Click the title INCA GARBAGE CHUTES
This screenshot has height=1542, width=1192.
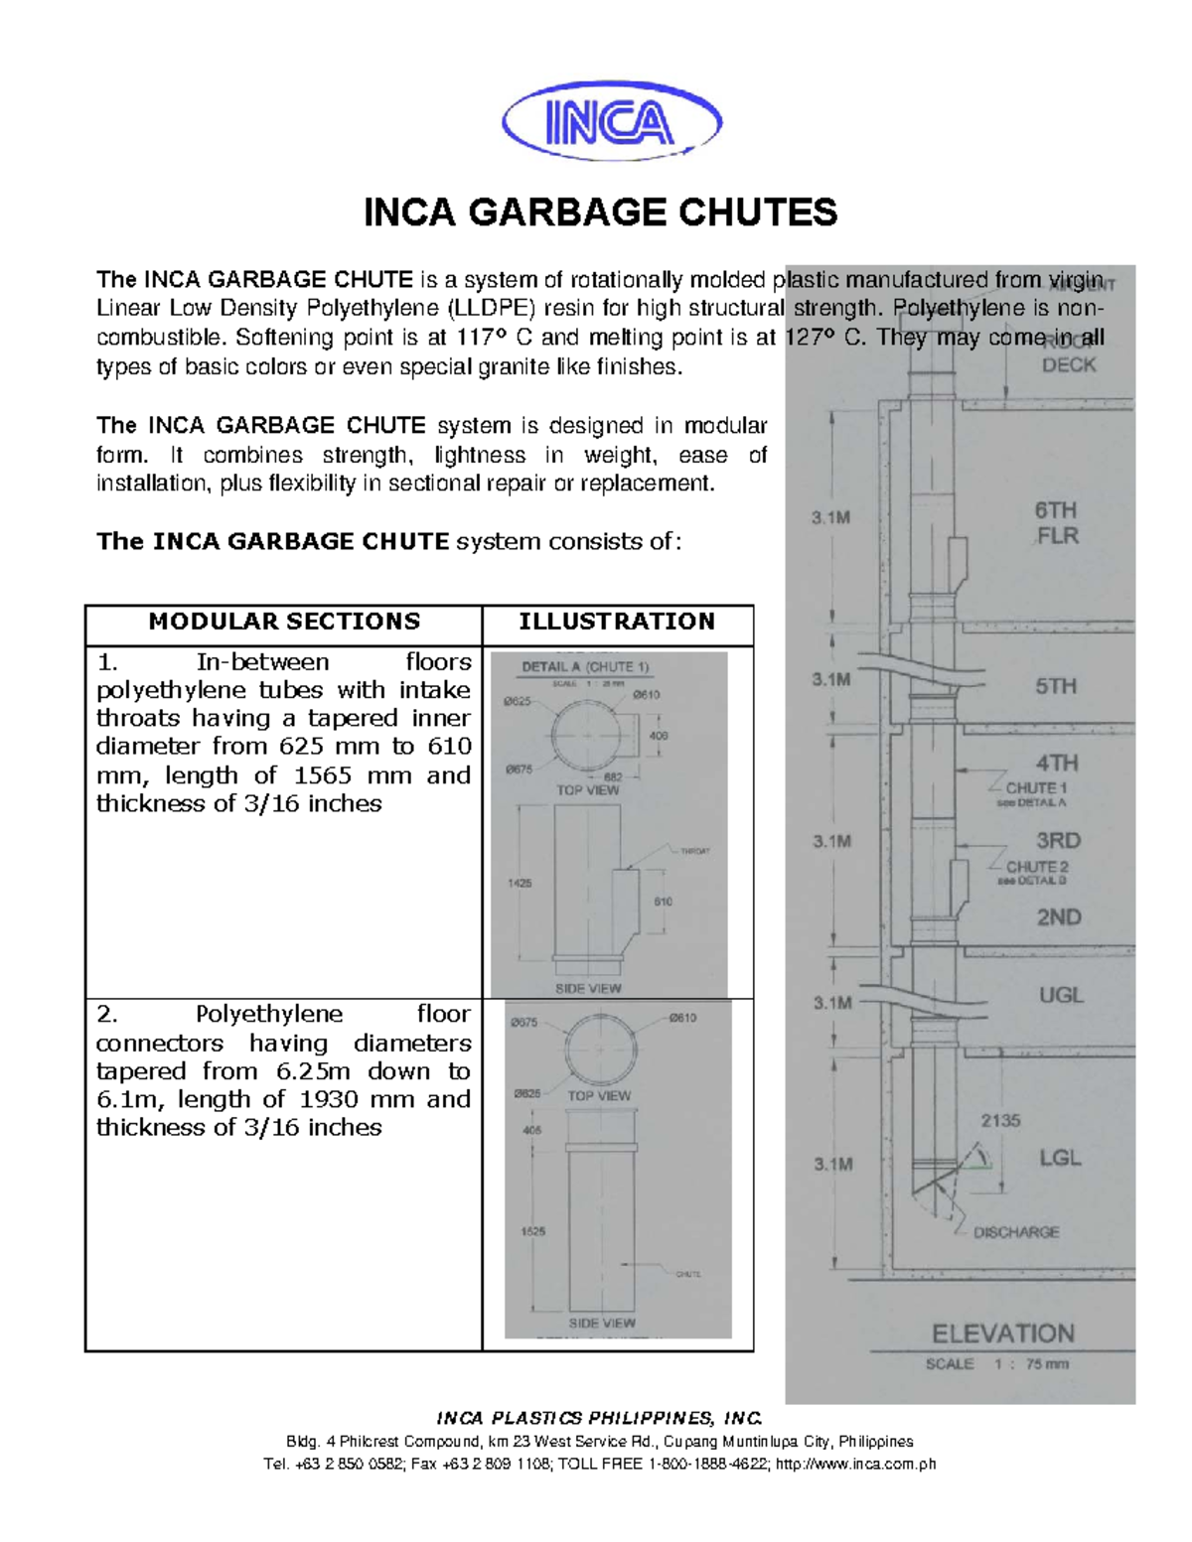coord(601,212)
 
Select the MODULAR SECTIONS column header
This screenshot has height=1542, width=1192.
coord(284,622)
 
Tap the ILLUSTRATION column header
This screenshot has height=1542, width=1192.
coord(616,622)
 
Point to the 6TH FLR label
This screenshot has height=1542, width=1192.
coord(1055,523)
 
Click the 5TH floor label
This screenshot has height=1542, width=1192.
coord(1056,686)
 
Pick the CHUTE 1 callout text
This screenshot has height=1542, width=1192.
coord(1037,787)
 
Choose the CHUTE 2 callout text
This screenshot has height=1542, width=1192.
coord(1037,867)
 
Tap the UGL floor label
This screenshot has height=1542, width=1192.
coord(1060,995)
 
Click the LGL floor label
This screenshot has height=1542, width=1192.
coord(1060,1158)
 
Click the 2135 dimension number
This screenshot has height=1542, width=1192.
coord(1000,1120)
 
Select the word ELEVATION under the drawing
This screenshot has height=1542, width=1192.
coord(1002,1333)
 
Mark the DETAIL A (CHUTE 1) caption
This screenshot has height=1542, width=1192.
coord(585,667)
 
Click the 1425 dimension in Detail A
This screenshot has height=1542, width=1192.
coord(520,882)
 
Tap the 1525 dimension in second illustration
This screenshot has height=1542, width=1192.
coord(532,1231)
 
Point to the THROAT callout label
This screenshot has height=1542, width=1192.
coord(694,851)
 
